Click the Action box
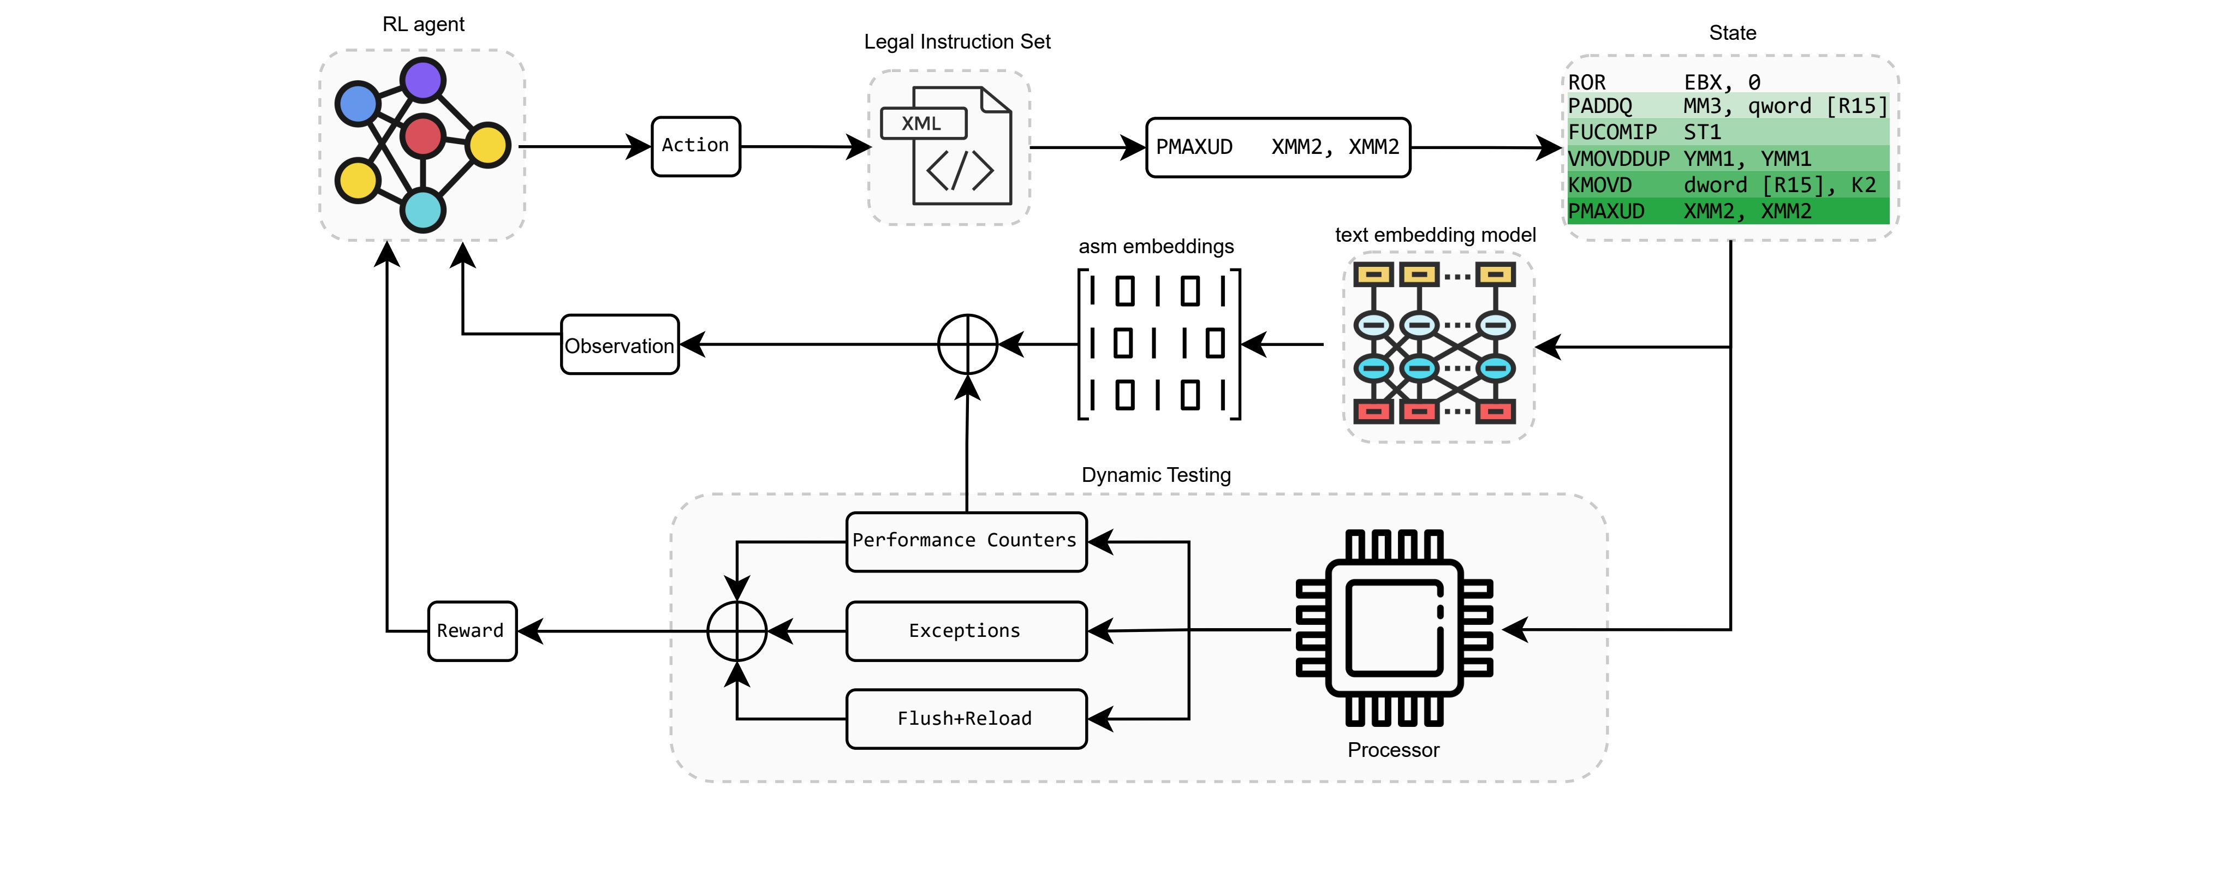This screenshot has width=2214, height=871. (x=695, y=146)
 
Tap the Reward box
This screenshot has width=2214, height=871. (x=472, y=630)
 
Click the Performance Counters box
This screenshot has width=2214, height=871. (x=965, y=541)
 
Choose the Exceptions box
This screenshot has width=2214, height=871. (x=965, y=630)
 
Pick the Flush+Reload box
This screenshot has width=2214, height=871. (x=965, y=719)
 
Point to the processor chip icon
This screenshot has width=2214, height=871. (x=1393, y=628)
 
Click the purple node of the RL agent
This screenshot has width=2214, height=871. (x=423, y=81)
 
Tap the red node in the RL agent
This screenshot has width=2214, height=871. (x=423, y=136)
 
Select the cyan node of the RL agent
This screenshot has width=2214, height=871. (x=423, y=210)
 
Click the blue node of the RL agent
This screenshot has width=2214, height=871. (x=358, y=104)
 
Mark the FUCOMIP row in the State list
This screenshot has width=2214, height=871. (x=1728, y=132)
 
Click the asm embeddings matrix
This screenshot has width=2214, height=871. (x=1158, y=344)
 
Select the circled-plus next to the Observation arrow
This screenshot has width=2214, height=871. (x=968, y=344)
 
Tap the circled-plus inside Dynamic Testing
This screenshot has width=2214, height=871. (x=736, y=630)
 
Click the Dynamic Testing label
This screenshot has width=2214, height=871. (x=1156, y=475)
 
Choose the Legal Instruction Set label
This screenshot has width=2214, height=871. (x=956, y=42)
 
